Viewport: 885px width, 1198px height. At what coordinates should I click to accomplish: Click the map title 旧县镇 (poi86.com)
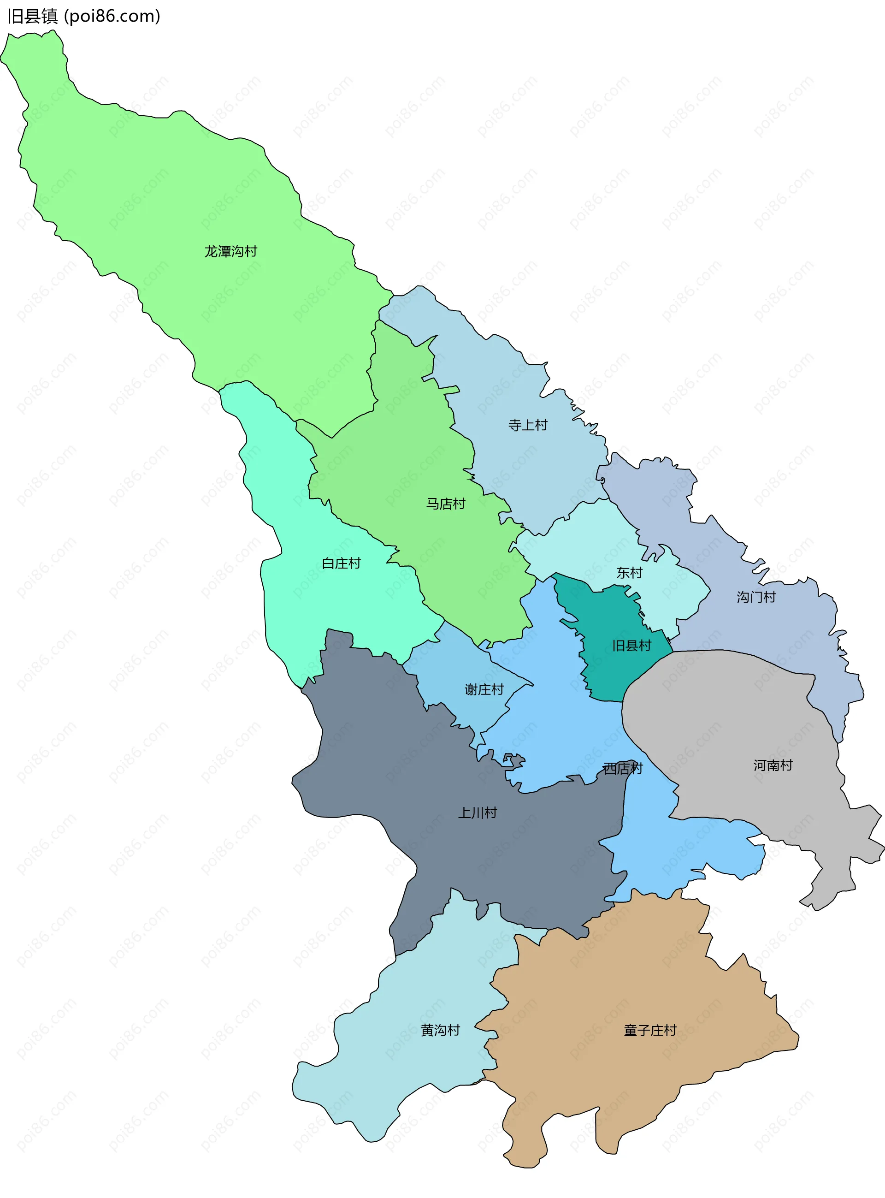click(83, 17)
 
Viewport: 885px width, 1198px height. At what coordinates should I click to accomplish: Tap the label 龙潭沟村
click(231, 251)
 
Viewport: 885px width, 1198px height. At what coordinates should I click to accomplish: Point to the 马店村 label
click(446, 504)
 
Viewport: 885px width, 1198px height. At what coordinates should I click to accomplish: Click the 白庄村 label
click(341, 563)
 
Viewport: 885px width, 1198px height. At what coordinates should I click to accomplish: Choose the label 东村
click(629, 573)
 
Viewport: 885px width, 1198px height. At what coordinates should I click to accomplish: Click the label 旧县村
click(631, 646)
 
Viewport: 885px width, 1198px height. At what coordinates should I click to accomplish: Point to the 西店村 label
click(623, 769)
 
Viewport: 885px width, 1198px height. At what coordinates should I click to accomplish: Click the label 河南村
click(773, 765)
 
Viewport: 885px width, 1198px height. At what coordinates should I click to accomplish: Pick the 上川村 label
click(478, 813)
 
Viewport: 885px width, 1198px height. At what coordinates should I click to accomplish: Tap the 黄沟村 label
click(440, 1030)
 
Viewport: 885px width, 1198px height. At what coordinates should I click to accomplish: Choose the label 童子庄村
click(650, 1030)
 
